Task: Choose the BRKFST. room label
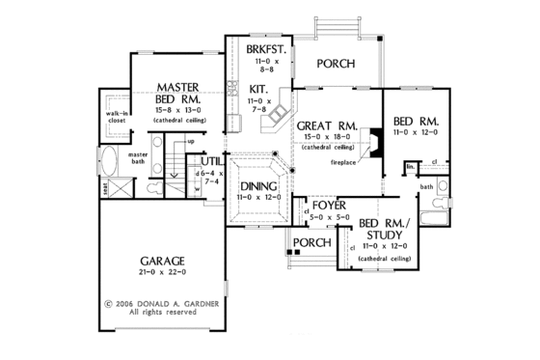pos(259,48)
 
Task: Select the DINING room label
pos(257,186)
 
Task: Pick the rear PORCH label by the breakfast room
pos(337,64)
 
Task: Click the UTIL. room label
pos(214,161)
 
